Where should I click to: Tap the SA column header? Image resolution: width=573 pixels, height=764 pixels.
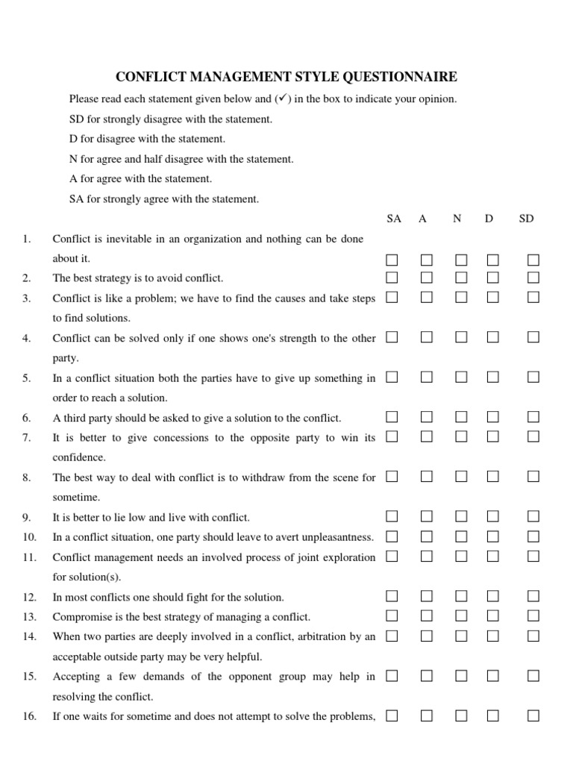pyautogui.click(x=394, y=219)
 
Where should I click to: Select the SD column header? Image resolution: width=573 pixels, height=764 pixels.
pyautogui.click(x=526, y=219)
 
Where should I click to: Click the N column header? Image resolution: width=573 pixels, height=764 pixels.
pyautogui.click(x=457, y=219)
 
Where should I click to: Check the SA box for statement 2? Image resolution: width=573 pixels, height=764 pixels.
pyautogui.click(x=392, y=278)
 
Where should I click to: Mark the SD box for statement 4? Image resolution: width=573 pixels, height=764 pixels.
pyautogui.click(x=533, y=337)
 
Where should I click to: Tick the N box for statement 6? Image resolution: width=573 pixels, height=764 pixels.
pyautogui.click(x=461, y=416)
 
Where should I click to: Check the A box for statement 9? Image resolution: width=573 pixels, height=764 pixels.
pyautogui.click(x=426, y=516)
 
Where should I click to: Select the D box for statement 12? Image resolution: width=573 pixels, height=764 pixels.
pyautogui.click(x=493, y=596)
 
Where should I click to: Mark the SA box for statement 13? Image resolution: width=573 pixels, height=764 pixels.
pyautogui.click(x=392, y=616)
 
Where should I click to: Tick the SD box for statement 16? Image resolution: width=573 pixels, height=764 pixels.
pyautogui.click(x=533, y=716)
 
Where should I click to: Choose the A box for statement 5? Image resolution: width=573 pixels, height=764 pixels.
pyautogui.click(x=426, y=378)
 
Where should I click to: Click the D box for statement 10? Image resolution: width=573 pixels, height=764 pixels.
pyautogui.click(x=493, y=536)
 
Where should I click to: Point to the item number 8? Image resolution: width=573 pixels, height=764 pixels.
pyautogui.click(x=27, y=477)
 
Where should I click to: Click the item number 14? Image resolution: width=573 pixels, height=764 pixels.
pyautogui.click(x=29, y=636)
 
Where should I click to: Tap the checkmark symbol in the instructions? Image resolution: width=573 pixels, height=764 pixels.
pyautogui.click(x=281, y=98)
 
